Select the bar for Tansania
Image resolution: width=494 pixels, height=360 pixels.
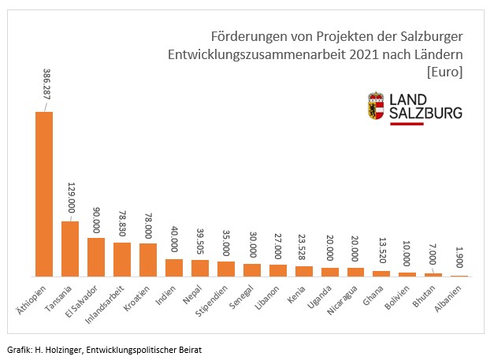(70, 249)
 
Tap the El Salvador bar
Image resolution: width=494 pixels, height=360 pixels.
(96, 257)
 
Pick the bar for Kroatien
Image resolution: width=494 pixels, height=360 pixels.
(148, 260)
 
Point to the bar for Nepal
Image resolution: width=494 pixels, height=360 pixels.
(200, 268)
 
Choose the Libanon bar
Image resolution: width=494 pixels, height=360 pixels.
(278, 270)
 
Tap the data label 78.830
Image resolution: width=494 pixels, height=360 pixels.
(122, 220)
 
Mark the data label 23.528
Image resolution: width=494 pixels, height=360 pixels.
(304, 244)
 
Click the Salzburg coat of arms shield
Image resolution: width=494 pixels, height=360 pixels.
(377, 106)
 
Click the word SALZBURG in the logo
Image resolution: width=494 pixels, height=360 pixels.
(426, 114)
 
